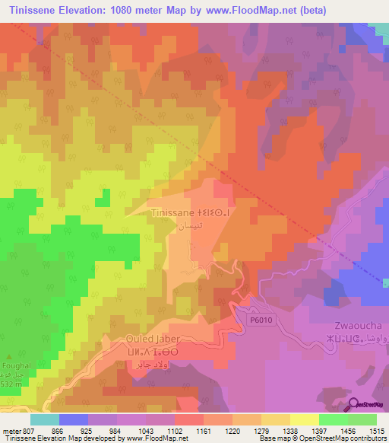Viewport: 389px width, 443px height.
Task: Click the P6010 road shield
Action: (260, 320)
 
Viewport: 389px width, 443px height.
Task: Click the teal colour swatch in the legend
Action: (44, 419)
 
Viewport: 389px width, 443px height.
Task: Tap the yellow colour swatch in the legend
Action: (304, 419)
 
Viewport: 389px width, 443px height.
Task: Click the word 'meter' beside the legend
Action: (11, 430)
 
